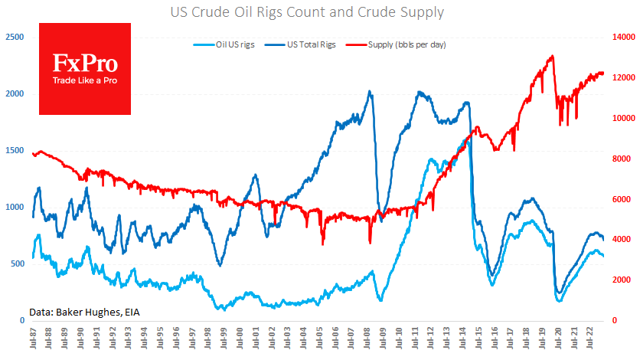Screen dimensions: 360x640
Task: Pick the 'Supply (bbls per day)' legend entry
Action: pos(407,45)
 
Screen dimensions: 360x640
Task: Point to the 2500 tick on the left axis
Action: pos(14,37)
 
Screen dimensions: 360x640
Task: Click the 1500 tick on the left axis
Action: pos(14,150)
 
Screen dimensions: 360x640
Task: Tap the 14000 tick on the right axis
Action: pos(625,37)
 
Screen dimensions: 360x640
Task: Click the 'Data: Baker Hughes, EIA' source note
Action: pos(84,312)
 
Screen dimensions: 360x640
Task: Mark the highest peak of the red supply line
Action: pos(552,56)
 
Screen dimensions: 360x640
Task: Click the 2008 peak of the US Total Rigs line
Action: pos(370,92)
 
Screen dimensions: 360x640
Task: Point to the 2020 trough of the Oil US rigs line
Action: pos(559,300)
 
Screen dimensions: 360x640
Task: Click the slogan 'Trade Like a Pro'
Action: pos(85,80)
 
